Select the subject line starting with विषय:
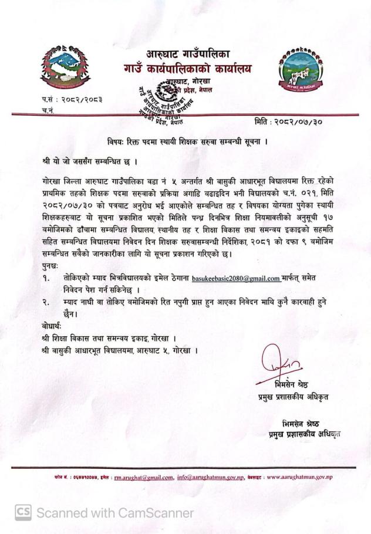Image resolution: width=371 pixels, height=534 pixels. (x=184, y=141)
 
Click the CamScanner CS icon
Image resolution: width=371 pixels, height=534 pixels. (x=23, y=513)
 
